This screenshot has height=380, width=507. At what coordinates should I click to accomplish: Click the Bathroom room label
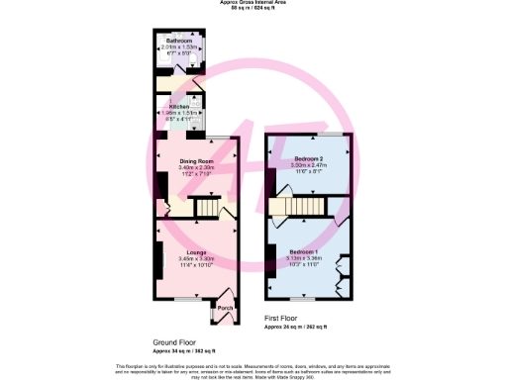pyautogui.click(x=178, y=41)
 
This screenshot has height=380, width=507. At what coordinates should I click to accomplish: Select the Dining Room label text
pyautogui.click(x=196, y=160)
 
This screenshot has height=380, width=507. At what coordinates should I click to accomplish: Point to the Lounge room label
pyautogui.click(x=195, y=251)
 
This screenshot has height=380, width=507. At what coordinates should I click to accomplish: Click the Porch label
pyautogui.click(x=224, y=307)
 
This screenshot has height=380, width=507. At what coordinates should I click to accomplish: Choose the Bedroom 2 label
pyautogui.click(x=309, y=160)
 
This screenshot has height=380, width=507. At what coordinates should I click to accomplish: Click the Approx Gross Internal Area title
pyautogui.click(x=253, y=3)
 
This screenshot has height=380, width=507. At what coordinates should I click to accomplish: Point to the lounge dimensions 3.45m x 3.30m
pyautogui.click(x=195, y=258)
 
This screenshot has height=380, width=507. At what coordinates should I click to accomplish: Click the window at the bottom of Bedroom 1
pyautogui.click(x=309, y=297)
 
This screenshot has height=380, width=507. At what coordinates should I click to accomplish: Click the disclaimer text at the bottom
pyautogui.click(x=253, y=368)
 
